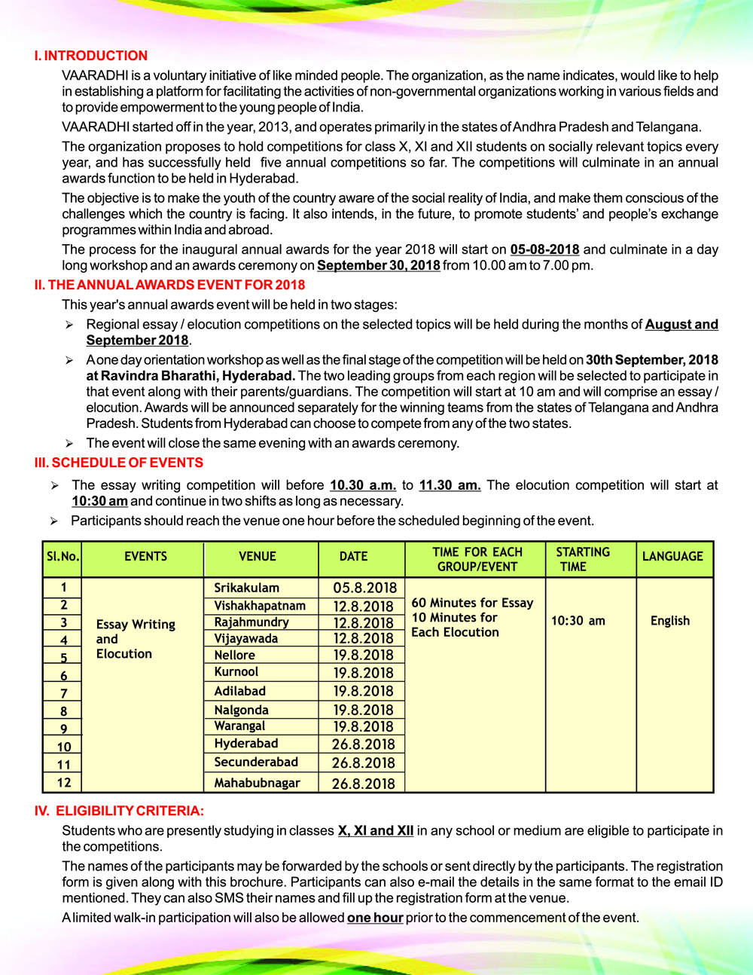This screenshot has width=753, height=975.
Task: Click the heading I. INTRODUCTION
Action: tap(90, 56)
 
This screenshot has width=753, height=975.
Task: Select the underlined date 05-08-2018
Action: tap(544, 249)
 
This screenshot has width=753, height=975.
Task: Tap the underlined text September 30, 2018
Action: tap(378, 265)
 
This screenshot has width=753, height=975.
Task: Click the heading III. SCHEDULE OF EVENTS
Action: tap(118, 463)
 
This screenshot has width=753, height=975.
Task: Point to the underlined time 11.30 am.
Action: tap(450, 485)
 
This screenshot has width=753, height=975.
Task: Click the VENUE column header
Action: tap(258, 557)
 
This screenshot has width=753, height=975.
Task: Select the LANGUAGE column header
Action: tap(672, 557)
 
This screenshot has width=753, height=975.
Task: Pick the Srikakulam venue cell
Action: tap(246, 588)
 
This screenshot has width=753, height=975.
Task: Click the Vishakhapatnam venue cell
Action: tap(260, 606)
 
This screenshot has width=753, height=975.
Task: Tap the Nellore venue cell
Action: tap(234, 656)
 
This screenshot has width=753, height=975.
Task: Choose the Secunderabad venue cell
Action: tap(256, 763)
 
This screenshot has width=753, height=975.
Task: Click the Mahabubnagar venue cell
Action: tap(257, 783)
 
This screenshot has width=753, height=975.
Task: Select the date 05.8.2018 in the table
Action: tap(364, 588)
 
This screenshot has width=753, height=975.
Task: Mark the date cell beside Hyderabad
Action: tap(363, 744)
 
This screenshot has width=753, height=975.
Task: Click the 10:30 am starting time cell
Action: tap(578, 621)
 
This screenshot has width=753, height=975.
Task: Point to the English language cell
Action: tap(670, 621)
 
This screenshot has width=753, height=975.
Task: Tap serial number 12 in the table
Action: tap(64, 783)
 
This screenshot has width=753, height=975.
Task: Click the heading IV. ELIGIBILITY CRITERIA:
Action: tap(119, 811)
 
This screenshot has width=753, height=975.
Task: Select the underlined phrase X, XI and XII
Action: tap(375, 830)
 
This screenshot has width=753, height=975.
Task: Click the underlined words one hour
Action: tap(375, 918)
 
